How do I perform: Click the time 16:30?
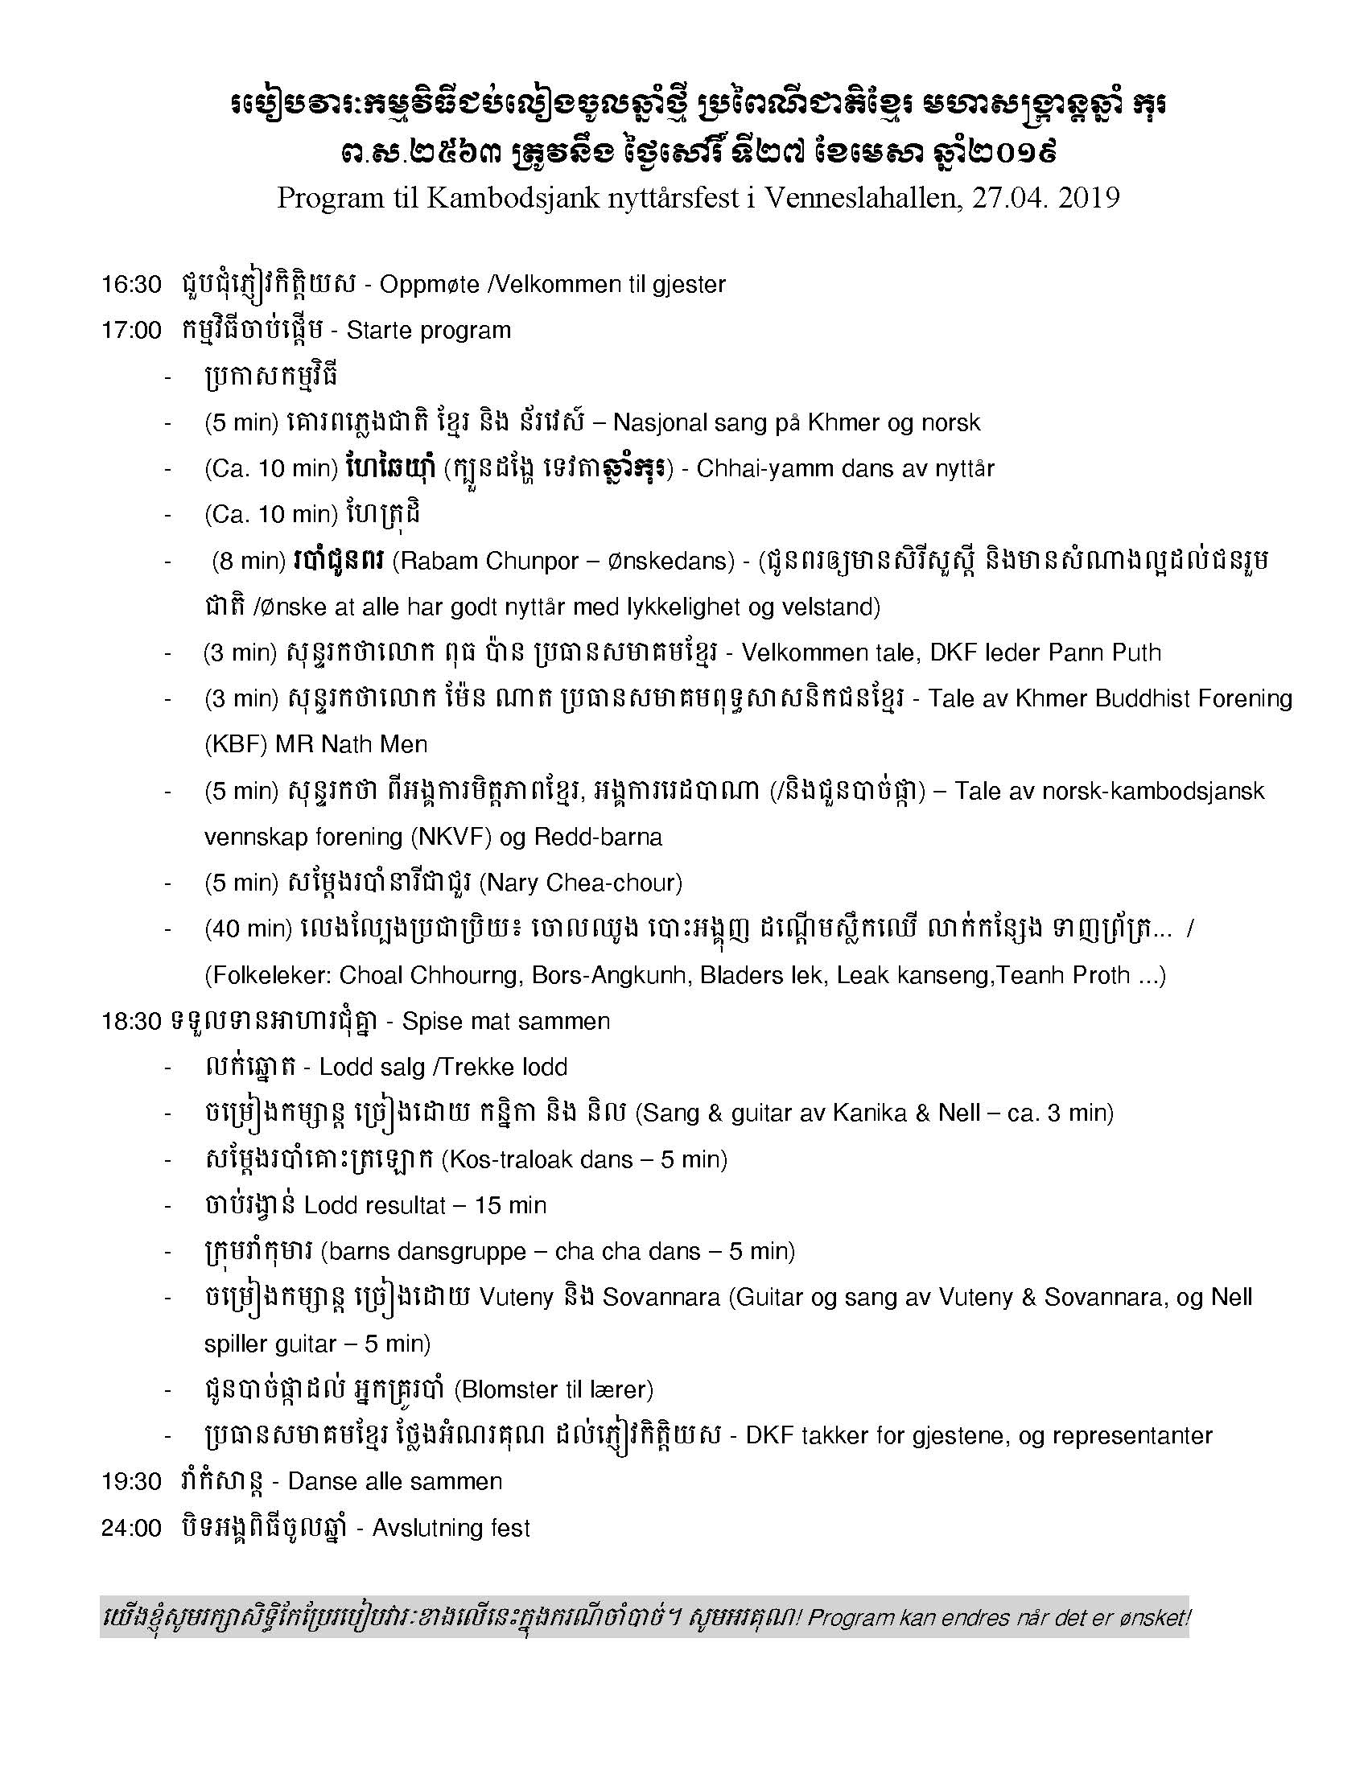pyautogui.click(x=130, y=285)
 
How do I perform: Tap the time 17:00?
pyautogui.click(x=130, y=331)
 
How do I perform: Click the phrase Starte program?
pyautogui.click(x=429, y=331)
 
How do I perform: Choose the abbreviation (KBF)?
pyautogui.click(x=235, y=744)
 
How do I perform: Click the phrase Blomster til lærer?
pyautogui.click(x=554, y=1390)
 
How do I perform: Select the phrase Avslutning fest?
pyautogui.click(x=451, y=1529)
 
